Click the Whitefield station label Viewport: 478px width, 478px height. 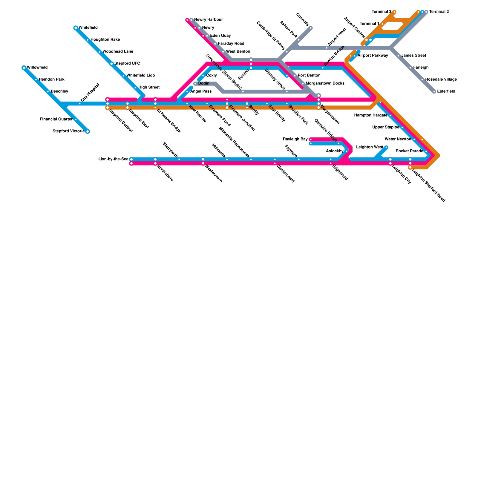click(88, 28)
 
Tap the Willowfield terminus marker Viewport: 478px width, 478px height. click(24, 68)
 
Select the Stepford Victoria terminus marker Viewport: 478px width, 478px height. click(88, 131)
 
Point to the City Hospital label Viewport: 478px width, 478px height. click(90, 92)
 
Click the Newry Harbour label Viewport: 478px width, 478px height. click(208, 20)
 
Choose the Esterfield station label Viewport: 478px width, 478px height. click(446, 91)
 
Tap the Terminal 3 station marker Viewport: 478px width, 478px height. click(394, 12)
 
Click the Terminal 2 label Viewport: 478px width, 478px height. click(439, 12)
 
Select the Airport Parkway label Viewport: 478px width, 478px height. click(373, 56)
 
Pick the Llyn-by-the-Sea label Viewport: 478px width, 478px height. click(114, 159)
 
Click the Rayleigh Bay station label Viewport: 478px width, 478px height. click(295, 139)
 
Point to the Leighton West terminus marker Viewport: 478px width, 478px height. click(386, 147)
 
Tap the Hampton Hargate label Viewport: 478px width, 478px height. click(370, 115)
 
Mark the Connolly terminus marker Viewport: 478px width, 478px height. click(311, 28)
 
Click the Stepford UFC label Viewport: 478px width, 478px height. click(127, 64)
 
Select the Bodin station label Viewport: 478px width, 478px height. click(204, 83)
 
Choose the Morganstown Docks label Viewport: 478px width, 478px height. click(325, 83)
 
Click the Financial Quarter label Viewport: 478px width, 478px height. click(56, 119)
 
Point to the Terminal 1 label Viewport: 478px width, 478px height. click(369, 24)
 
